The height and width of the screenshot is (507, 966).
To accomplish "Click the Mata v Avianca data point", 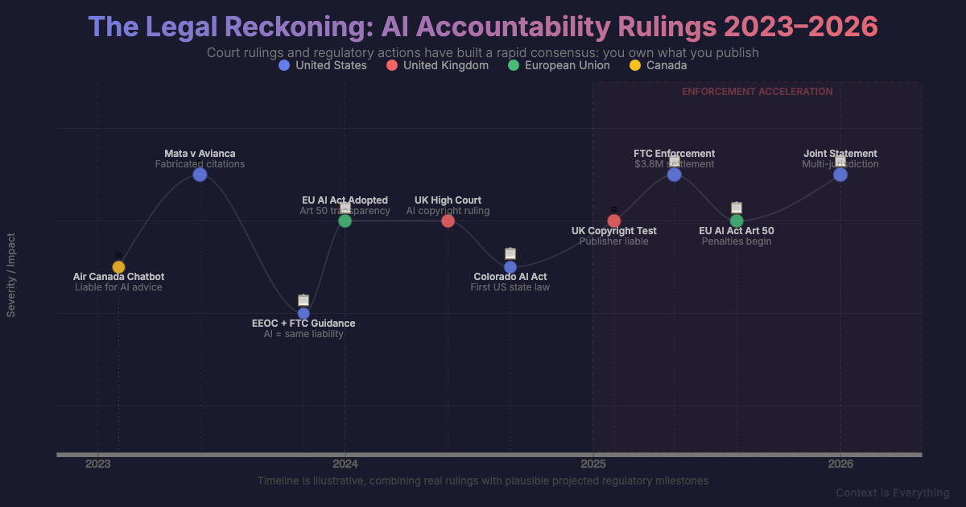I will pyautogui.click(x=200, y=175).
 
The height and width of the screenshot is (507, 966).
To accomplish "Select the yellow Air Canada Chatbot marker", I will pyautogui.click(x=118, y=267).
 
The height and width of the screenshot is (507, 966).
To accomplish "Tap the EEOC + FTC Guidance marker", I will pyautogui.click(x=303, y=313).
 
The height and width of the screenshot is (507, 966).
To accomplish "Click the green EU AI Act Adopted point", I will pyautogui.click(x=345, y=221).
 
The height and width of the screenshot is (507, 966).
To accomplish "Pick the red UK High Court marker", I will pyautogui.click(x=448, y=221).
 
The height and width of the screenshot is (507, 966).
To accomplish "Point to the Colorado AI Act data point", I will pyautogui.click(x=510, y=267).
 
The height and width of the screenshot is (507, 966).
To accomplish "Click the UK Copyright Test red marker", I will pyautogui.click(x=613, y=221).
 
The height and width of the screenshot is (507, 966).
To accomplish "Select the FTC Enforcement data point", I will pyautogui.click(x=675, y=175).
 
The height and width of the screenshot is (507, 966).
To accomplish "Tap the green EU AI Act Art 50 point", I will pyautogui.click(x=737, y=221).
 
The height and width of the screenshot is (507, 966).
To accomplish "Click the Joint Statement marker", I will pyautogui.click(x=840, y=175).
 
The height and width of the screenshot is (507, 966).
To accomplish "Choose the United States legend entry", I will pyautogui.click(x=322, y=65).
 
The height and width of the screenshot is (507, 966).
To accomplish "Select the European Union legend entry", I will pyautogui.click(x=559, y=65).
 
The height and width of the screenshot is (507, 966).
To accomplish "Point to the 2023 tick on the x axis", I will pyautogui.click(x=98, y=464).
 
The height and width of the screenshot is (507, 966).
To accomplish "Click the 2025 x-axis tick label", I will pyautogui.click(x=593, y=464).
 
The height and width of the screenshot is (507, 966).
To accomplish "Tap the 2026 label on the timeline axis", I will pyautogui.click(x=840, y=464).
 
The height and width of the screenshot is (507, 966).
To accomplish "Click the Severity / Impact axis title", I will pyautogui.click(x=11, y=275).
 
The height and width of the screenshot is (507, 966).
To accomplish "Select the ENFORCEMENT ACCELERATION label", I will pyautogui.click(x=757, y=92).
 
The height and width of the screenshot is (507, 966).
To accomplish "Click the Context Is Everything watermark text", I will pyautogui.click(x=892, y=493).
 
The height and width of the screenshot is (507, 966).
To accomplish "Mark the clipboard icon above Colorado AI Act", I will pyautogui.click(x=510, y=253).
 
